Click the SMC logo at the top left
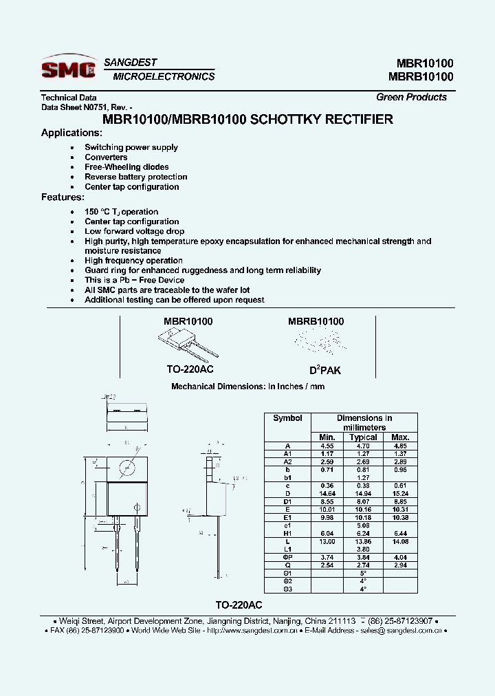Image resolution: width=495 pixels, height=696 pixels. coord(68,69)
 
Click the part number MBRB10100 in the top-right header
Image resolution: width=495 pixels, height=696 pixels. coord(420,76)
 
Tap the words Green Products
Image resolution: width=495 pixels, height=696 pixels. coord(411,97)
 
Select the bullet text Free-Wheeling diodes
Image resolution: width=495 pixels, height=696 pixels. coord(126,167)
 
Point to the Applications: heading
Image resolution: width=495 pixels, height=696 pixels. coord(71,133)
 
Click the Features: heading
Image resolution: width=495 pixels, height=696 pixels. coord(63,197)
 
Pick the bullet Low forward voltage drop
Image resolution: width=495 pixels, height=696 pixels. coord(134,232)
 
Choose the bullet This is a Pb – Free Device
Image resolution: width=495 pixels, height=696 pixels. coord(134,281)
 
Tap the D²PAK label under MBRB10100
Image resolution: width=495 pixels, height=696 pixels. coord(324,370)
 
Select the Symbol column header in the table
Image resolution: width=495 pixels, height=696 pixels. coord(287,418)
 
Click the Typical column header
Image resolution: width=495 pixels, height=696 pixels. coord(363,437)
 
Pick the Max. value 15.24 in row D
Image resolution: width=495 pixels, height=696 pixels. coord(399,494)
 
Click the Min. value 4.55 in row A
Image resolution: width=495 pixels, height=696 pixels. coord(327,446)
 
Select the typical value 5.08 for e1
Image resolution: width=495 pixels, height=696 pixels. coord(363,525)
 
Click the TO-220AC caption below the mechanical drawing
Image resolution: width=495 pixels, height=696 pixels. coord(239,605)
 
